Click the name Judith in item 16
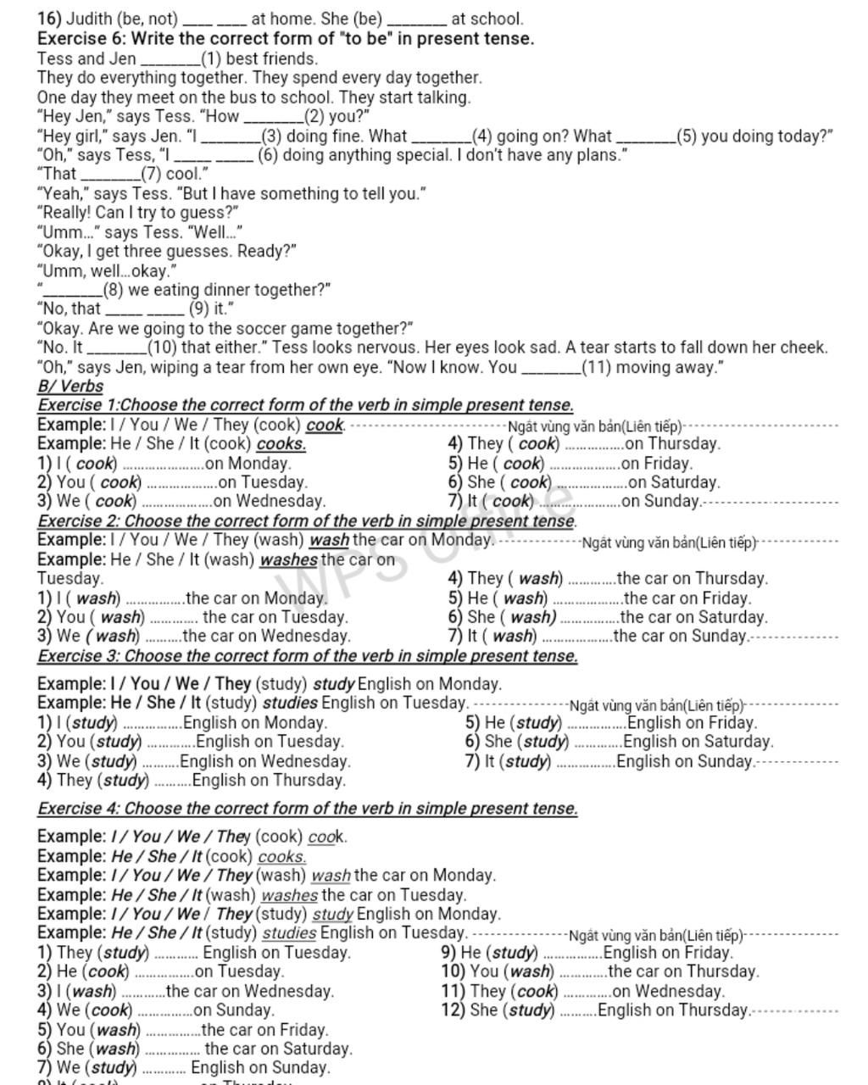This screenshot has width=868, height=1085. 90,18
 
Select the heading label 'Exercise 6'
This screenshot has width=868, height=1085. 77,38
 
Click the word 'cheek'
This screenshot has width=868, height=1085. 801,348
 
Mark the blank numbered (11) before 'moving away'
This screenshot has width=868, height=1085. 551,368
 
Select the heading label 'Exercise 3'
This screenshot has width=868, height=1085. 76,656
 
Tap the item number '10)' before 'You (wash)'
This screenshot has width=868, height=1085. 453,971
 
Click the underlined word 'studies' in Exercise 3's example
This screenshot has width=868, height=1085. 290,703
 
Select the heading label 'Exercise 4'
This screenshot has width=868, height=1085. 76,809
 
